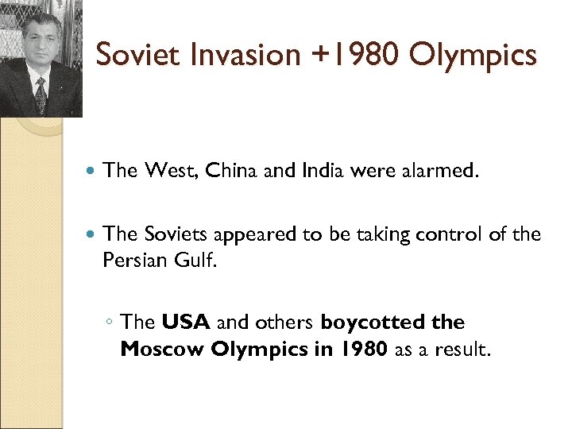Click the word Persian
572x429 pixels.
click(133, 261)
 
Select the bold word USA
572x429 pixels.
click(186, 323)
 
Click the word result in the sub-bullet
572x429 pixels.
click(460, 350)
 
